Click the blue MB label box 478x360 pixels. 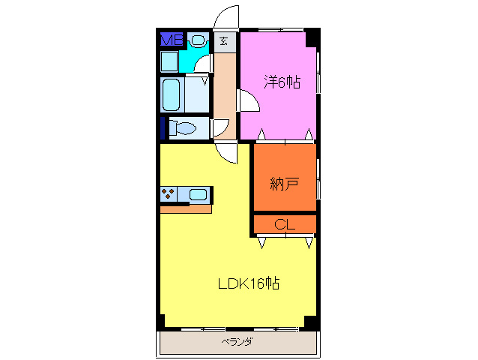coord(172,40)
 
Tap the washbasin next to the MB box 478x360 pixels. coord(198,40)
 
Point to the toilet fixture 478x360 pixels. coord(181,128)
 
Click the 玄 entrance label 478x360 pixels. coord(224,41)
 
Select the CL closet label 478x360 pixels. coord(284,224)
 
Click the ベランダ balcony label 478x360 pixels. coord(237,342)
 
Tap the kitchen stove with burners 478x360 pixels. coord(169,195)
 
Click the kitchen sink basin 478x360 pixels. coord(197,195)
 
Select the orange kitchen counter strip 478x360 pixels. coord(185,208)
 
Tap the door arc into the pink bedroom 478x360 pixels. coord(246,102)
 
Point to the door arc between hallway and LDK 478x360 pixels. coord(227,150)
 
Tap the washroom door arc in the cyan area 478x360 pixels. coord(201,63)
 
